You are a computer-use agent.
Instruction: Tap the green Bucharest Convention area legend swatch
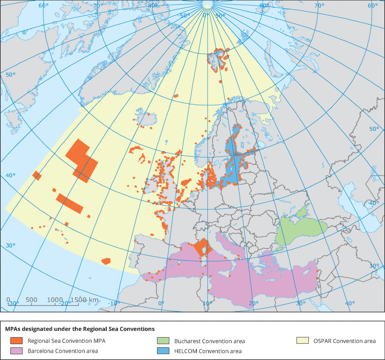163,341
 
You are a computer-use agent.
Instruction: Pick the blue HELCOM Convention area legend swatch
163,351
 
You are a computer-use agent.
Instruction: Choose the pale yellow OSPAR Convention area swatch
302,341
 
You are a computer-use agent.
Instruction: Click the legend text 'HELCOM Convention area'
208,351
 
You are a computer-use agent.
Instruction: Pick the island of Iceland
144,117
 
